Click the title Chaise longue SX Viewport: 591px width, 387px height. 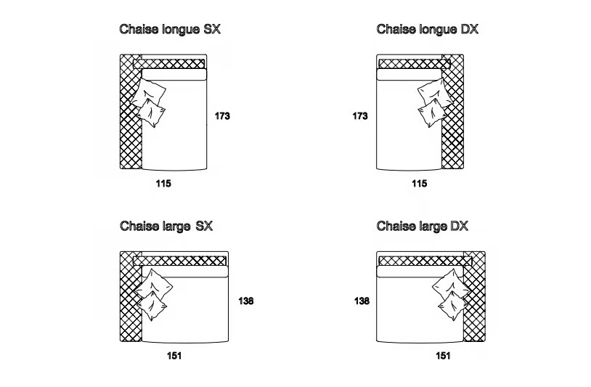tap(170, 29)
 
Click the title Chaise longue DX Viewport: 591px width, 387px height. tap(427, 29)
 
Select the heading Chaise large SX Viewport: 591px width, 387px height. tap(166, 226)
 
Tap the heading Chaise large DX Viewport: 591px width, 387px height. tap(422, 226)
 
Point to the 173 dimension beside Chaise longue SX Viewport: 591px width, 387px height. tap(222, 116)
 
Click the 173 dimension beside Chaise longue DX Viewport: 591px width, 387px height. tap(360, 116)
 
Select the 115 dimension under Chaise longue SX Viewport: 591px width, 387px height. tap(163, 184)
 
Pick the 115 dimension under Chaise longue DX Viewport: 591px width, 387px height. tap(420, 184)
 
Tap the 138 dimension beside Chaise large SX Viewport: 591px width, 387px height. tap(245, 301)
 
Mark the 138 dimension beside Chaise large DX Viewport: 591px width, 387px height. tap(362, 301)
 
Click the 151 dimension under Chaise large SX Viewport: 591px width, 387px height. tap(174, 356)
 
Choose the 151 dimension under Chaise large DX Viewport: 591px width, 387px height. tap(443, 356)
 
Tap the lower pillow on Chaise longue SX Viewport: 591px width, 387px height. tap(151, 113)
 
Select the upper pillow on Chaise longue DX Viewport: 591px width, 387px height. tap(435, 92)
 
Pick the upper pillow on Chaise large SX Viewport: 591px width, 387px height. tap(153, 284)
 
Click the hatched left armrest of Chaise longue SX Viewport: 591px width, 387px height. tap(131, 112)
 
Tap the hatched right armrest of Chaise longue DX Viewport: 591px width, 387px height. tap(452, 112)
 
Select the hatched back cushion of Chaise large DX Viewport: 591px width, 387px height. tap(425, 261)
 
